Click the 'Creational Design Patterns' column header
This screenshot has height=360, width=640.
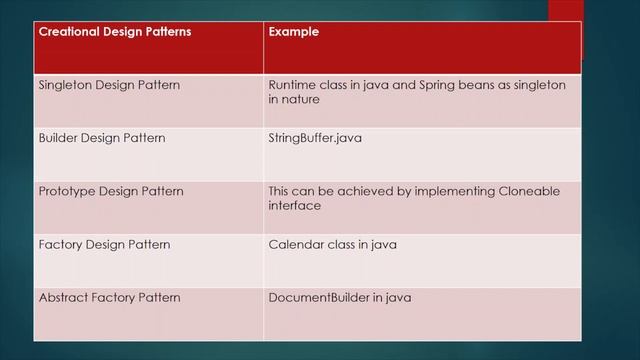[114, 32]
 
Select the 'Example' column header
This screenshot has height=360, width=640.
[293, 32]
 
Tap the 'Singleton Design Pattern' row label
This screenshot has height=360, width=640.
[109, 85]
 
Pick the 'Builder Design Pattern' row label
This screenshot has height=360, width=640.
[101, 137]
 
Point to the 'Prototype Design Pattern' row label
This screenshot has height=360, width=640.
[111, 191]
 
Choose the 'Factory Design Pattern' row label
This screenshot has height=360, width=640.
[104, 244]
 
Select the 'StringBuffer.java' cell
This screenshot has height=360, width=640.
[315, 137]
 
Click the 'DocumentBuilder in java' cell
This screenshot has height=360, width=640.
[340, 297]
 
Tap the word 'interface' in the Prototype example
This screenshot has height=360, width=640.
[295, 205]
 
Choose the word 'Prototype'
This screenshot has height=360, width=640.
[68, 191]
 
